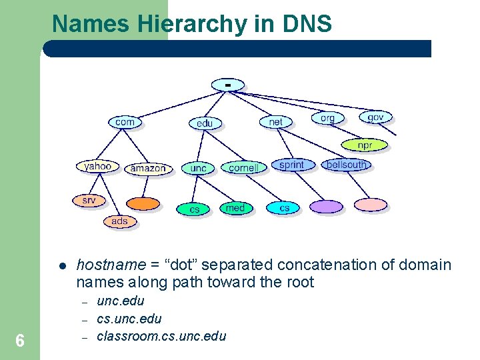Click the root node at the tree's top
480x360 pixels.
coord(228,85)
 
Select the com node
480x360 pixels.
coord(125,122)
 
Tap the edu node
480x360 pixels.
coord(205,123)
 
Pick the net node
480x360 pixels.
coord(275,121)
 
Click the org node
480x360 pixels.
coord(327,118)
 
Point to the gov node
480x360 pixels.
coord(375,117)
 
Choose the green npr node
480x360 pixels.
coord(364,145)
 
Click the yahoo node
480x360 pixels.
coord(97,166)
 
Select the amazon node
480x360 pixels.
coord(147,168)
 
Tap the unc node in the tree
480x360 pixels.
coord(198,168)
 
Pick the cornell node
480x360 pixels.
coord(243,168)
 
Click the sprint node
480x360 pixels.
coord(291,165)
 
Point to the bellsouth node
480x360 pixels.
coord(346,165)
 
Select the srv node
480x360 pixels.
coord(89,200)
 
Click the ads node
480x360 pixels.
coord(119,221)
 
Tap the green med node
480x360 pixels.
coord(235,208)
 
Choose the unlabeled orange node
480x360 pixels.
coord(143,203)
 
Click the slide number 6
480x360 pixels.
coord(20,341)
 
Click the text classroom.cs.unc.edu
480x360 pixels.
coord(161,336)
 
